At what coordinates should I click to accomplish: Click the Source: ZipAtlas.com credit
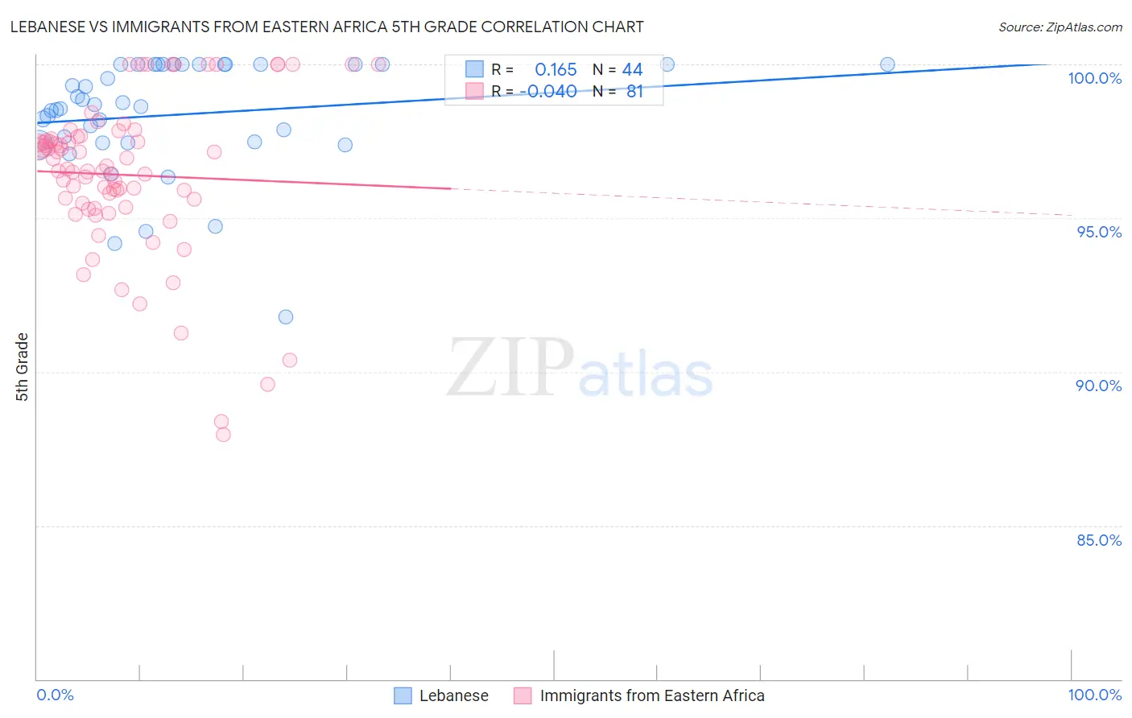click(1060, 27)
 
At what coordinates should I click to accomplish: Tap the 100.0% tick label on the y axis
click(1094, 78)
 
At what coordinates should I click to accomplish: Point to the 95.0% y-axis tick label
click(1099, 232)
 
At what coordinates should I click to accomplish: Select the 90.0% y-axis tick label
click(1098, 386)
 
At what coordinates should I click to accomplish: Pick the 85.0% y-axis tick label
click(1099, 540)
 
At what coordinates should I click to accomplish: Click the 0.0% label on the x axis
click(55, 695)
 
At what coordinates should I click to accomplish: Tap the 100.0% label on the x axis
click(1094, 695)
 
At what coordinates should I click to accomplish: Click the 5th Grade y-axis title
click(23, 367)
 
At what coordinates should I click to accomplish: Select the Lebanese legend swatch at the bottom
click(403, 695)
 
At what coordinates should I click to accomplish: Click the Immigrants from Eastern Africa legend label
click(652, 695)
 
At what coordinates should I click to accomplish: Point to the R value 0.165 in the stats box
click(556, 70)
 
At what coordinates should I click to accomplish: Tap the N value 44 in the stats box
click(632, 70)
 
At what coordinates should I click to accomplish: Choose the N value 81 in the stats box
click(634, 92)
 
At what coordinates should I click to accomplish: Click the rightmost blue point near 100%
click(887, 64)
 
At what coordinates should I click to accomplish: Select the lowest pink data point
click(223, 435)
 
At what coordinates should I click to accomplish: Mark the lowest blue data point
click(286, 317)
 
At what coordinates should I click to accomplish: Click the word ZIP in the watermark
click(510, 368)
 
